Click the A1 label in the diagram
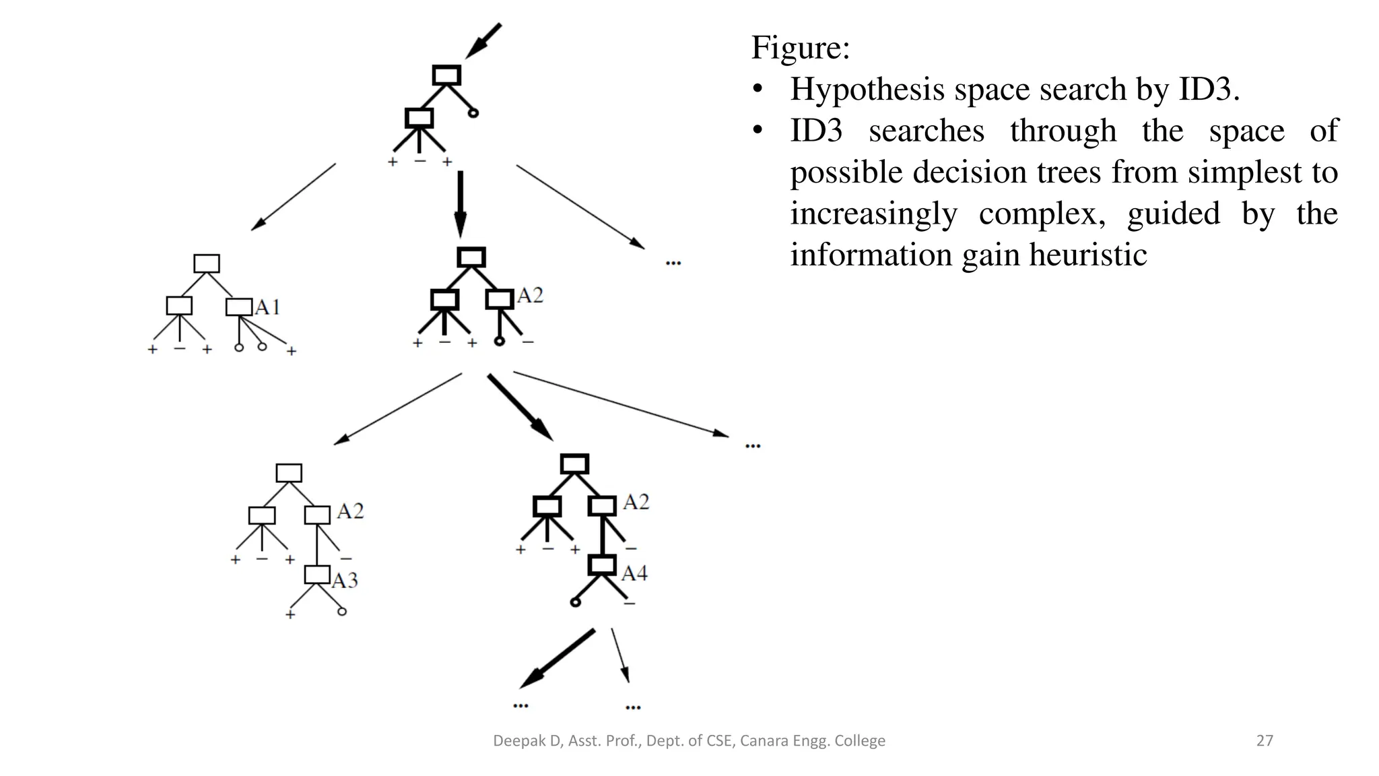pyautogui.click(x=267, y=308)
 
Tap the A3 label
pyautogui.click(x=345, y=580)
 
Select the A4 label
pyautogui.click(x=634, y=573)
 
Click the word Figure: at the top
pyautogui.click(x=800, y=48)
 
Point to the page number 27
pyautogui.click(x=1265, y=741)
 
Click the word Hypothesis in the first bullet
pyautogui.click(x=867, y=90)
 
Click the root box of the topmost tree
pyautogui.click(x=446, y=75)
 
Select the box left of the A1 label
pyautogui.click(x=239, y=307)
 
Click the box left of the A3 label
pyautogui.click(x=317, y=575)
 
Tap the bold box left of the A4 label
pyautogui.click(x=602, y=564)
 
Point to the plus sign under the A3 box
pyautogui.click(x=290, y=614)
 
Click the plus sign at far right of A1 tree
pyautogui.click(x=292, y=351)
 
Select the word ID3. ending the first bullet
pyautogui.click(x=1209, y=90)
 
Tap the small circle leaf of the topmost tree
pyautogui.click(x=473, y=113)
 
